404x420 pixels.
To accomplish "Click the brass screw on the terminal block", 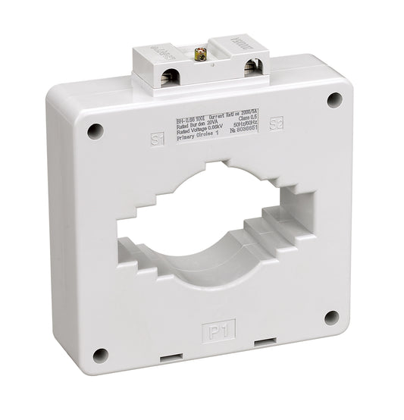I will [202, 55].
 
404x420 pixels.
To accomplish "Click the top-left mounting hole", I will [95, 131].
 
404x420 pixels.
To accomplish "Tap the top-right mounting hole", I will [333, 99].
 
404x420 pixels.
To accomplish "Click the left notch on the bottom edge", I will [169, 356].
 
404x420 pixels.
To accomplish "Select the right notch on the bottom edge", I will [265, 340].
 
